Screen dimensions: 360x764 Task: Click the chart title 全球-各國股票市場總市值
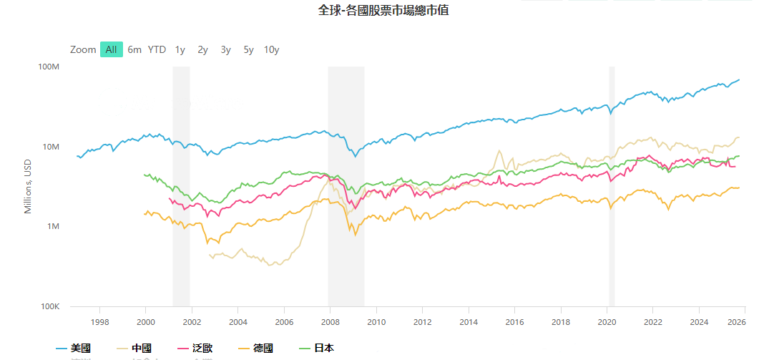(x=383, y=11)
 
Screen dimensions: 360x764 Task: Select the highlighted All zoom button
(x=111, y=49)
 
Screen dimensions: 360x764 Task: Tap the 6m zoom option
(x=134, y=49)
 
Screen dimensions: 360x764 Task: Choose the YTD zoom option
(x=157, y=49)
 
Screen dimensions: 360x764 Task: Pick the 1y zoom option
(x=180, y=49)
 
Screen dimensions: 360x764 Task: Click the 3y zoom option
(x=225, y=49)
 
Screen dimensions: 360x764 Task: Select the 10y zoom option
(x=271, y=49)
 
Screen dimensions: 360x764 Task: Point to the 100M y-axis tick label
(x=48, y=67)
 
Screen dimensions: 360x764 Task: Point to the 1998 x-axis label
(x=99, y=321)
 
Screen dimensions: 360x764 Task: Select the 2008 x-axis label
(x=330, y=321)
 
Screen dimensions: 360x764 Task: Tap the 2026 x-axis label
(x=745, y=321)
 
